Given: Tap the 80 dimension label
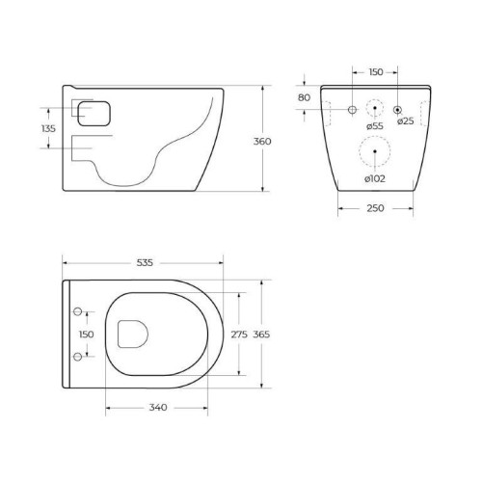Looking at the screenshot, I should pyautogui.click(x=304, y=97).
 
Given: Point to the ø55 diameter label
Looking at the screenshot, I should pyautogui.click(x=376, y=123).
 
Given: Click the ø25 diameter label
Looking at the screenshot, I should pyautogui.click(x=406, y=120).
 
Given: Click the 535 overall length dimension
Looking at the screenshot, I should pyautogui.click(x=144, y=262).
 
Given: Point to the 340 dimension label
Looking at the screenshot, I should pyautogui.click(x=159, y=407).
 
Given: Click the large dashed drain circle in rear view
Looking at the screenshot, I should pyautogui.click(x=375, y=151).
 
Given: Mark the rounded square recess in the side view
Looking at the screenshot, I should pyautogui.click(x=92, y=114).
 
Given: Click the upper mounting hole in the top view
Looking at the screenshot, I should pyautogui.click(x=78, y=311).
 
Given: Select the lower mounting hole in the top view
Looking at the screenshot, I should pyautogui.click(x=78, y=358).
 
